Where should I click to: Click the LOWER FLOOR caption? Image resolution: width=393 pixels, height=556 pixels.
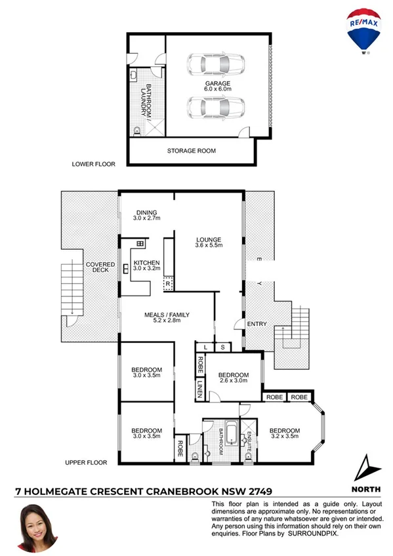pos(94,165)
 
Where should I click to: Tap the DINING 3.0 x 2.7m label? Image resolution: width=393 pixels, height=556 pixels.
pos(147,214)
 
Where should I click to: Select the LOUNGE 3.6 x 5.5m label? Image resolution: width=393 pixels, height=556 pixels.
pos(209,242)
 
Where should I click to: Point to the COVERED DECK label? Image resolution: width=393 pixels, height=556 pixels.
pos(101,268)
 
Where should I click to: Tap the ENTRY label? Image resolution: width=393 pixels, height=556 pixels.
pos(255,324)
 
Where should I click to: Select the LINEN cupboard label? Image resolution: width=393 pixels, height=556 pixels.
pos(199,391)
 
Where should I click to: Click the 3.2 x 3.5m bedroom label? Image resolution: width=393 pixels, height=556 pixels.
pos(284,433)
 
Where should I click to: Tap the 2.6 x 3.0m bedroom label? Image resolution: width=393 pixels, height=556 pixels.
pos(233,378)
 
